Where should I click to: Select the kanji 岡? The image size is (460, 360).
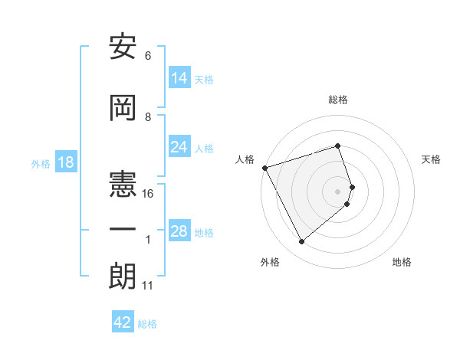point(123,109)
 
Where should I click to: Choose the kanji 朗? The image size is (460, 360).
point(123,277)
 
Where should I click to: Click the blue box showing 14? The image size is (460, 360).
point(179,78)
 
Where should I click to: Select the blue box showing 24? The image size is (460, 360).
point(179,147)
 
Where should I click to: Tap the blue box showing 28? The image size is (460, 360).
point(179,231)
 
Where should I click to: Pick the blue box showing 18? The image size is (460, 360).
point(64,163)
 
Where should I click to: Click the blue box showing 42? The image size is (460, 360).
point(123,322)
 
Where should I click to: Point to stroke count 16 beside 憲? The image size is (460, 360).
point(148,194)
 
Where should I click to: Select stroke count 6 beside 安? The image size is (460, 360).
point(147,56)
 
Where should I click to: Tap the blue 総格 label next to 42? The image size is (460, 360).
point(147,324)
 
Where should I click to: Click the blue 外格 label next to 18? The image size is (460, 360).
point(40,164)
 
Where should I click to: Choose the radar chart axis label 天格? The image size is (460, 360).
point(431,159)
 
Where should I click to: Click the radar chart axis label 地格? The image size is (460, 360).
point(402,262)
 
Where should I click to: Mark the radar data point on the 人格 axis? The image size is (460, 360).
point(264,168)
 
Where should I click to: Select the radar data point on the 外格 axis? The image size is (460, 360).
point(301,241)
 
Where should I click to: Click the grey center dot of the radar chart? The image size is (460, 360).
point(338,190)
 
